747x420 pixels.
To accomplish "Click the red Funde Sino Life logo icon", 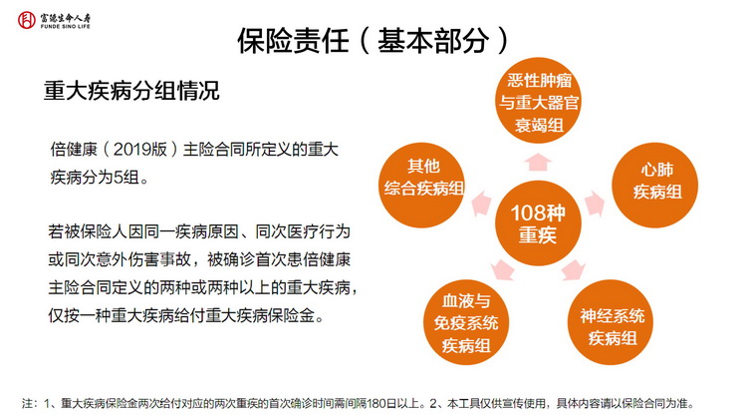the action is [x=27, y=20].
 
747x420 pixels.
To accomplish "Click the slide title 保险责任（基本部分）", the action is [x=373, y=41].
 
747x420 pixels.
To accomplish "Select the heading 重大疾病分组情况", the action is [x=131, y=91].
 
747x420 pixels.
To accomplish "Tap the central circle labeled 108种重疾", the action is [x=538, y=223].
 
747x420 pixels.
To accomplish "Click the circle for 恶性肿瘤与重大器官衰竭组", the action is [x=539, y=101].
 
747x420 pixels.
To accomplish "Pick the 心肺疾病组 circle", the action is [x=655, y=185].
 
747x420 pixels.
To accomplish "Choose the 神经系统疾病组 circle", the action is [x=611, y=322].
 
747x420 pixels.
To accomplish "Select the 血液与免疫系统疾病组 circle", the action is [x=466, y=322].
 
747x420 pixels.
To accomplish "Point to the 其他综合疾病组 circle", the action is [x=421, y=185].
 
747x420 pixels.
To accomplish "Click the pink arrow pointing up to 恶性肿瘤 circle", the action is [x=538, y=163].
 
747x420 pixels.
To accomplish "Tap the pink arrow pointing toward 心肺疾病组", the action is [x=595, y=205].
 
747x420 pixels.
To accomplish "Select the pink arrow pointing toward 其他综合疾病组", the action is [x=481, y=204].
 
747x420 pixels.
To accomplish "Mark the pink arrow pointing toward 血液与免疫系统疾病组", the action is [x=503, y=269].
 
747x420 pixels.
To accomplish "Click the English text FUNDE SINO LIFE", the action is [x=66, y=27].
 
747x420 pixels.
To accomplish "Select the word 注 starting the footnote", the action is [x=27, y=404].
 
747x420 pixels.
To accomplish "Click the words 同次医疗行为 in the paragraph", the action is [x=303, y=232].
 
